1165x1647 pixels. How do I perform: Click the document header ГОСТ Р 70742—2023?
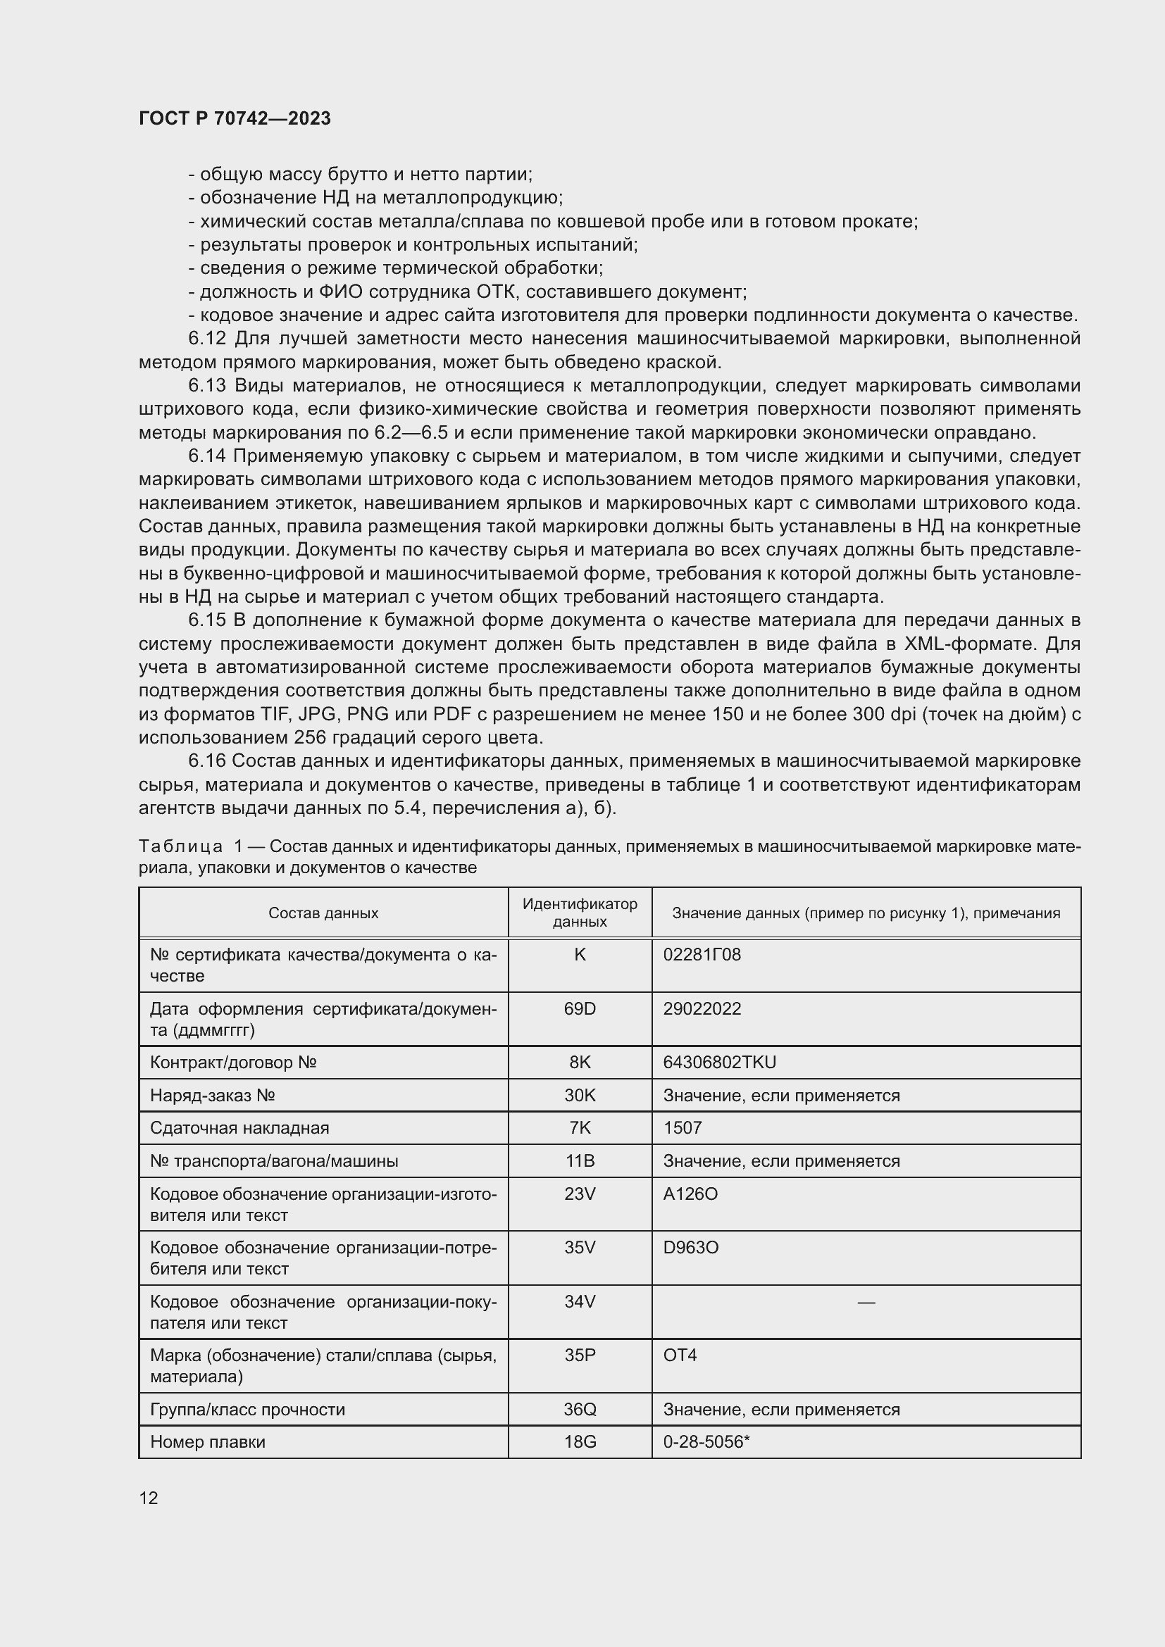click(235, 118)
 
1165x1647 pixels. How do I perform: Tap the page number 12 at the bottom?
click(149, 1498)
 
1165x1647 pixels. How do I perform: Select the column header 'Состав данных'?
click(323, 913)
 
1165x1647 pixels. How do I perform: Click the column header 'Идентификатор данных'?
click(580, 913)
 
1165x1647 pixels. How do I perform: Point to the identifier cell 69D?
click(580, 1008)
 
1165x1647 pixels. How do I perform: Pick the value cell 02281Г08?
click(702, 955)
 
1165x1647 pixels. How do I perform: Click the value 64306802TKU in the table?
click(720, 1063)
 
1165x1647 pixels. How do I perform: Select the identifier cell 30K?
click(580, 1096)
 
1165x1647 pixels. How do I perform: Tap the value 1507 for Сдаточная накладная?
click(683, 1127)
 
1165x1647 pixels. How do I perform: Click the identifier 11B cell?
click(580, 1160)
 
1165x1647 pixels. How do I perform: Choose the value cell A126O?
click(690, 1194)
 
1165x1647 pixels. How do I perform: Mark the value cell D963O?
click(690, 1248)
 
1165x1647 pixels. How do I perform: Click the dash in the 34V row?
click(866, 1302)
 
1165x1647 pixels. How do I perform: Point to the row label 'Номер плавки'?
click(207, 1442)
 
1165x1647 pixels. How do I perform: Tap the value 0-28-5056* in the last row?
click(706, 1442)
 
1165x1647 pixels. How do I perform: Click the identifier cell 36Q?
click(580, 1410)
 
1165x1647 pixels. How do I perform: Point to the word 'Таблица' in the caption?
click(181, 847)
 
